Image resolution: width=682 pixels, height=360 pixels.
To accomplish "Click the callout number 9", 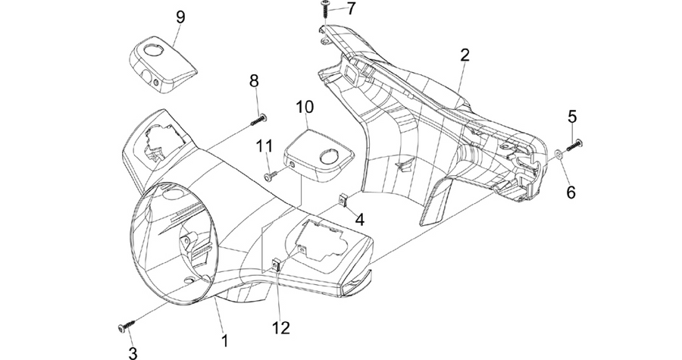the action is (x=180, y=17).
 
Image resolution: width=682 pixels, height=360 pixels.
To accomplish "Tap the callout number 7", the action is (x=352, y=8).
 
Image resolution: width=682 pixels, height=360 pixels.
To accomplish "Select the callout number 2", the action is (x=465, y=55).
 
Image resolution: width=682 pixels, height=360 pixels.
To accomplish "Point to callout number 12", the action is (x=281, y=328).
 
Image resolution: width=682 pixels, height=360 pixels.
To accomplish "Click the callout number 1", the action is (x=225, y=340).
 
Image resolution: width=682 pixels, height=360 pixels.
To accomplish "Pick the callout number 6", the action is (x=571, y=192).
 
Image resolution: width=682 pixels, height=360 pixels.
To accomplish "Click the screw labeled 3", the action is (x=126, y=326).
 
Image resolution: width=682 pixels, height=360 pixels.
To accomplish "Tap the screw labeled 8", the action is (x=259, y=120).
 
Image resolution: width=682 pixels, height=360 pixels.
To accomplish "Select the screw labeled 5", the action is (x=574, y=146).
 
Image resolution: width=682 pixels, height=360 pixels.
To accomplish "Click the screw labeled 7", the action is (x=325, y=8).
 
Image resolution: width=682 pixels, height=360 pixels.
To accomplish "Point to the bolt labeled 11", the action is (x=271, y=175).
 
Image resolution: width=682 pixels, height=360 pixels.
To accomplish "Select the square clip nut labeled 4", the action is (x=343, y=200).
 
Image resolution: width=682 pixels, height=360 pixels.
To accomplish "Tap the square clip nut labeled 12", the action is (x=275, y=265).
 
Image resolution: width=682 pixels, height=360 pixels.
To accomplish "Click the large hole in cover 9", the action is (x=153, y=50).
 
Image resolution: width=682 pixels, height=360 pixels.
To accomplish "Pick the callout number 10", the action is (x=305, y=107).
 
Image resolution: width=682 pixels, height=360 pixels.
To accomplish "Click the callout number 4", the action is (x=360, y=220).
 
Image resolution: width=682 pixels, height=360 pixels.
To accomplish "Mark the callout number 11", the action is (x=264, y=146).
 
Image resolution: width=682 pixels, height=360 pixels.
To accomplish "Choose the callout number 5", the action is (x=572, y=117).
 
